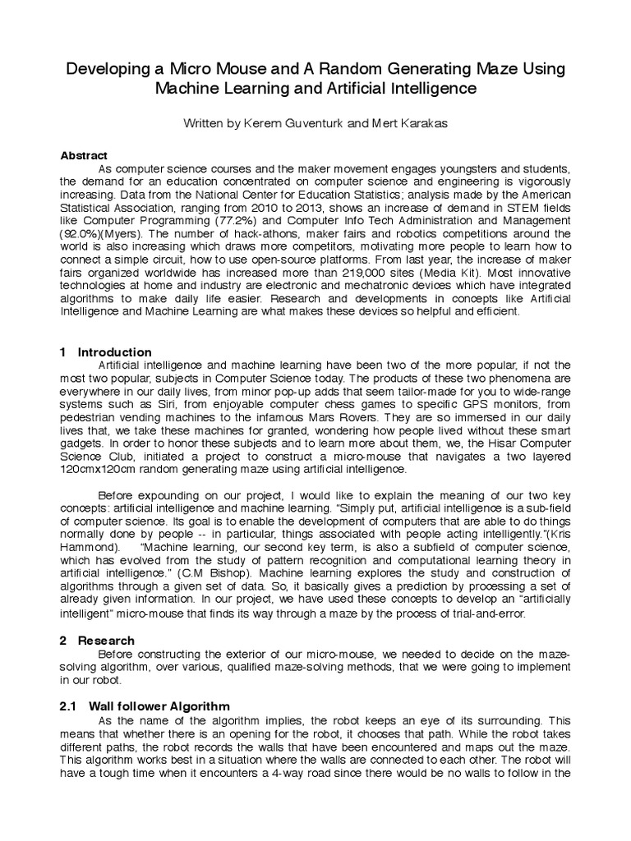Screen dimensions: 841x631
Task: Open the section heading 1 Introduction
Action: [105, 352]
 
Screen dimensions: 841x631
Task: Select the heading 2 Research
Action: [97, 640]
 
